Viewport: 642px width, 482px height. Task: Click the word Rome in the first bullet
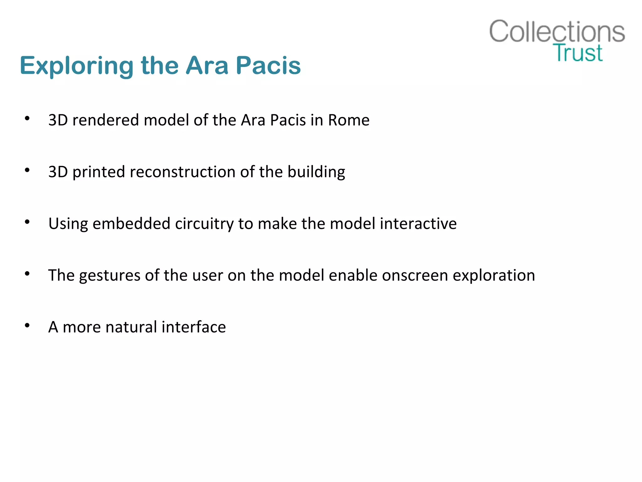pos(349,120)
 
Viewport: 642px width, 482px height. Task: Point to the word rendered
pos(106,120)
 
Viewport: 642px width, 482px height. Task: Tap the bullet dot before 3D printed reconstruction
pos(27,170)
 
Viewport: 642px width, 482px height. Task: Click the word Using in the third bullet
pos(68,224)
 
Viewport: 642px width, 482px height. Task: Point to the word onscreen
pos(415,276)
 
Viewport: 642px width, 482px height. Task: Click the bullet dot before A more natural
pos(27,325)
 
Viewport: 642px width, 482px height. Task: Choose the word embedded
pos(131,224)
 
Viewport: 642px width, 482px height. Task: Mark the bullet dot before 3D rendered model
pos(27,118)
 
